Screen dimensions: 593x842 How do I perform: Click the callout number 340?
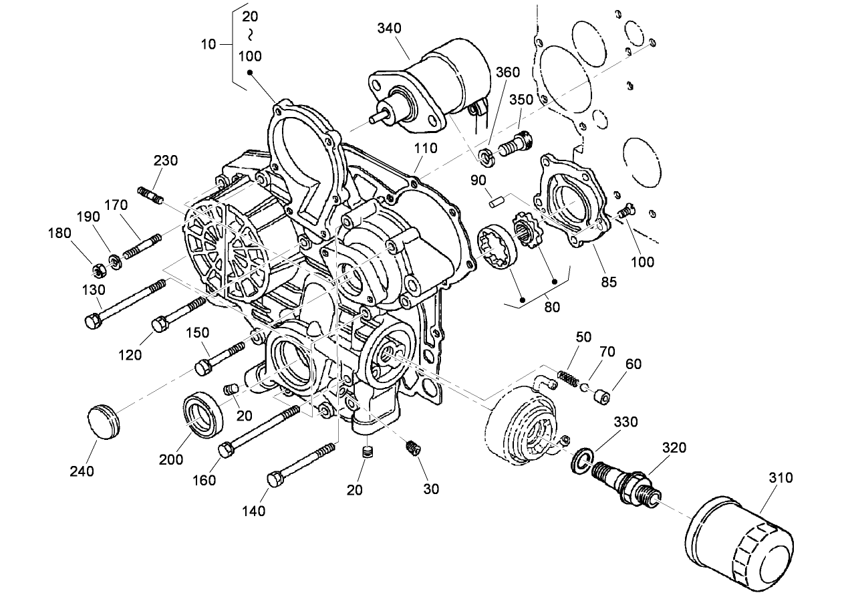pos(390,28)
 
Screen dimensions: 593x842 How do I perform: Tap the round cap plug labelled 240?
pos(103,422)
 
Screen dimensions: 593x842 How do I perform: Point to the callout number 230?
pos(166,160)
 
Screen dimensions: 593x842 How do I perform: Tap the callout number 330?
pos(625,422)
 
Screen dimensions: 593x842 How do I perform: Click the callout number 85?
pos(608,281)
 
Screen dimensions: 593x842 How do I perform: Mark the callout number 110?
pos(425,148)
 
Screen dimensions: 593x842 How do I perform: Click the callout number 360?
pos(507,72)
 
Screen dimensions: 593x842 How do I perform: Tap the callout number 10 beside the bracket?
pos(208,44)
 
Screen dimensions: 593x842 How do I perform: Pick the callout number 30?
pos(431,489)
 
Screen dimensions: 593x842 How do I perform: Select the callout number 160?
pos(205,480)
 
